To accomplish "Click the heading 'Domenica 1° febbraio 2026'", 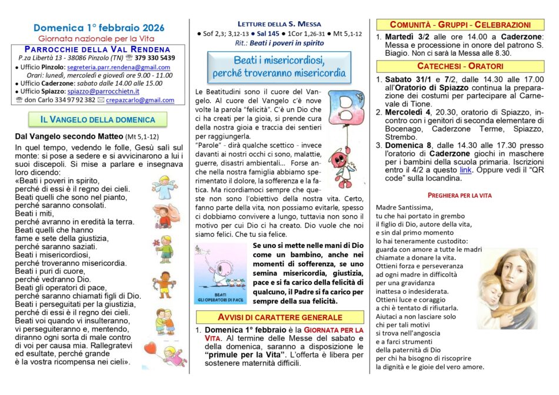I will (98, 28).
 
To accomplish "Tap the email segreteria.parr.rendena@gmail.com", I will (121, 68).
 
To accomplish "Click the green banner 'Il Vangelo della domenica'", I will (98, 120).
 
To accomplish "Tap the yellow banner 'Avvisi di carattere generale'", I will (279, 317).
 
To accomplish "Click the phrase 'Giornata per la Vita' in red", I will (327, 330).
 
